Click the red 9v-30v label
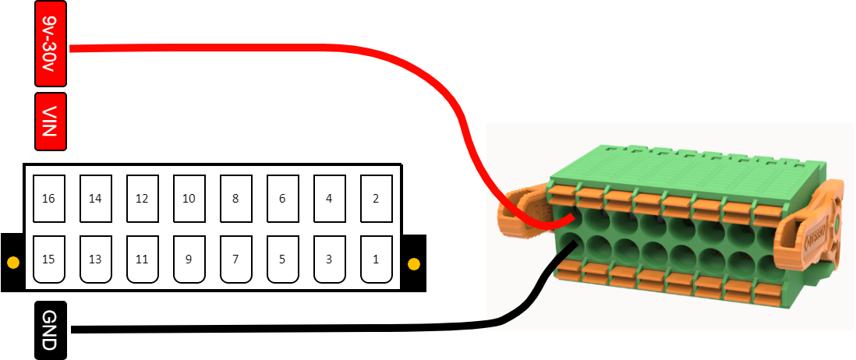coord(51,44)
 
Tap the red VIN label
coord(51,121)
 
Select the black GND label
coord(51,330)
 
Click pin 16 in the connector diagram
coord(48,199)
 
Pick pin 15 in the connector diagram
coord(48,259)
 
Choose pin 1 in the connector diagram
coord(376,259)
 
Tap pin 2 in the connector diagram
coord(376,199)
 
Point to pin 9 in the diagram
coord(189,259)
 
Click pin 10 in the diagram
coord(189,199)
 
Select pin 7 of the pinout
coord(235,259)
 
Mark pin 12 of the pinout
coord(142,199)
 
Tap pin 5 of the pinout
coord(282,259)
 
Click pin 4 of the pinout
coord(329,199)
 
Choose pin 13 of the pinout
coord(95,259)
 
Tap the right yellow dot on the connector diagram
coord(414,263)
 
